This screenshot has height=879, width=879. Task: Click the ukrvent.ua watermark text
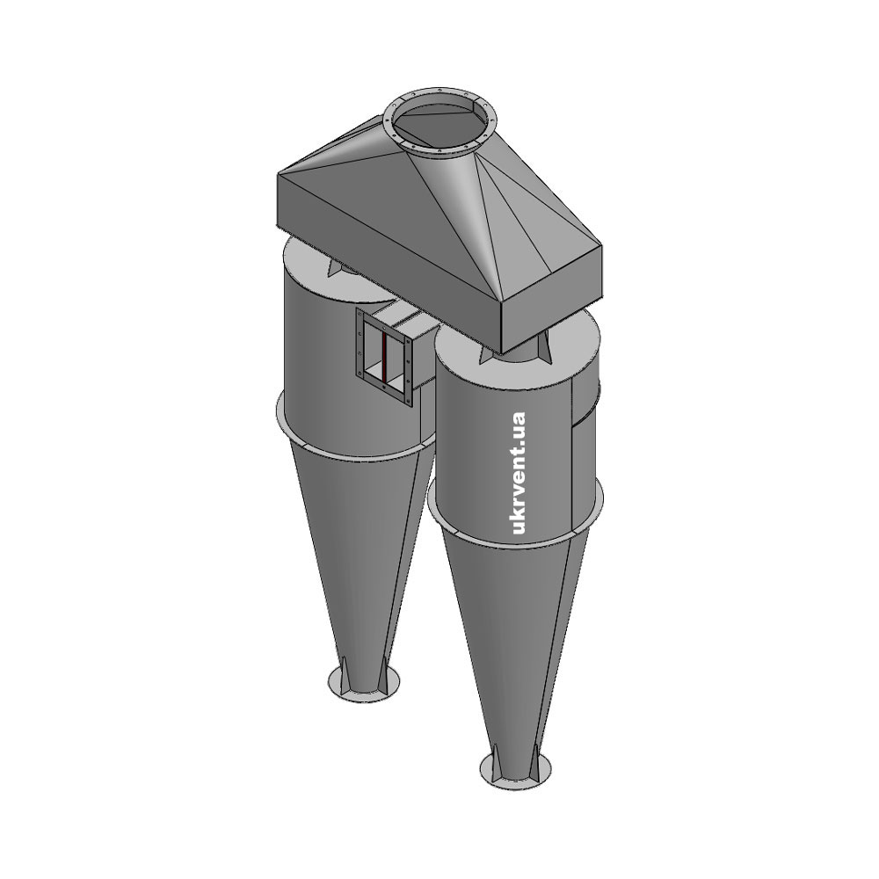point(519,474)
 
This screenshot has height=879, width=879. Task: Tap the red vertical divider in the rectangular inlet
point(384,359)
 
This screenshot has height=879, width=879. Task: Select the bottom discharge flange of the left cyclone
point(365,682)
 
